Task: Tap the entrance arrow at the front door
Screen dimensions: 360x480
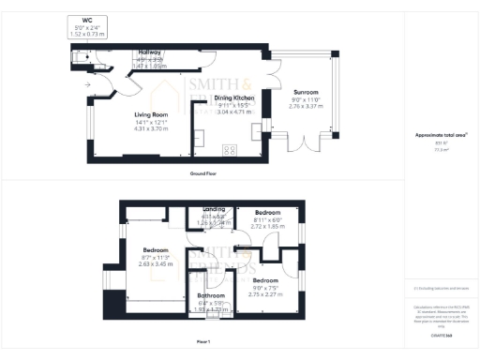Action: click(87, 84)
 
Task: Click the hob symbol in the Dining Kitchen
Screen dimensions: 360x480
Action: click(231, 150)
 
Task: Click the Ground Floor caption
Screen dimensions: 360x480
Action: click(203, 173)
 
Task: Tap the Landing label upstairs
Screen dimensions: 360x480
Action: click(215, 209)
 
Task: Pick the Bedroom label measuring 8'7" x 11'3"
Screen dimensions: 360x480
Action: click(156, 250)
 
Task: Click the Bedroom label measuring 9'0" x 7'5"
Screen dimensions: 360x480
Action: click(264, 280)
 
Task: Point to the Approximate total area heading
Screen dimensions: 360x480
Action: click(435, 135)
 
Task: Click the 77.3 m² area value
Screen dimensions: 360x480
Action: click(435, 148)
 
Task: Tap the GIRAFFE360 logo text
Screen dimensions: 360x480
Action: click(435, 335)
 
